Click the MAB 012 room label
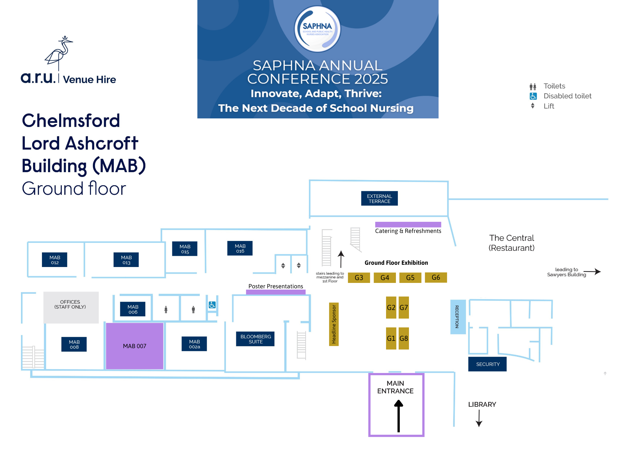tap(55, 260)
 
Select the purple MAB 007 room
tap(135, 346)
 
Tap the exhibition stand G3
tap(359, 278)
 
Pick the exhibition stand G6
tap(436, 277)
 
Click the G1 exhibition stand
tap(391, 338)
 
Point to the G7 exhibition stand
tap(404, 307)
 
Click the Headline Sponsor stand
tap(334, 324)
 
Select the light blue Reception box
tap(458, 317)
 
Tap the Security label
tap(487, 364)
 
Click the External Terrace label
tap(379, 199)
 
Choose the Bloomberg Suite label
tap(255, 339)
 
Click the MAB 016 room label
tap(240, 248)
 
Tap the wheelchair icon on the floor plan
tap(212, 305)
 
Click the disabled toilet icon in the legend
tap(533, 96)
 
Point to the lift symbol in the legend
tap(533, 106)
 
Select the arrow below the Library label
tap(479, 418)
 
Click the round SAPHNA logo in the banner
tap(317, 29)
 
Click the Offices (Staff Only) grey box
tap(71, 307)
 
